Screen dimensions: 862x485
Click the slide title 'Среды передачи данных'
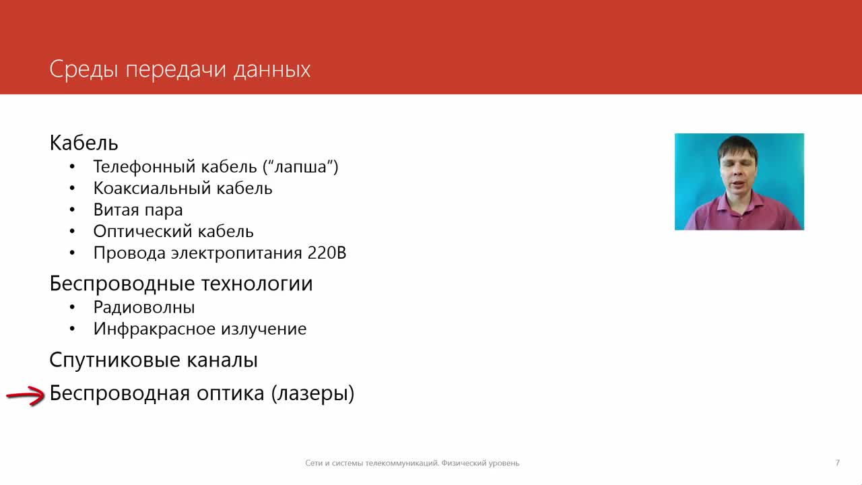click(180, 70)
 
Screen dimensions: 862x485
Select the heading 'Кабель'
click(84, 143)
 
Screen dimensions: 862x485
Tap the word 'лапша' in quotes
click(300, 167)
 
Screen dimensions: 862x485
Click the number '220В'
click(327, 253)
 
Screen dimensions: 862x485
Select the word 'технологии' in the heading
click(257, 284)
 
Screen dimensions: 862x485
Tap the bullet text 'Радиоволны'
click(144, 308)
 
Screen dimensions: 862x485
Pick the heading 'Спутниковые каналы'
click(153, 360)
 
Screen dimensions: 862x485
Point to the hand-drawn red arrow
click(26, 395)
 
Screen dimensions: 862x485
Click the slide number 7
click(837, 463)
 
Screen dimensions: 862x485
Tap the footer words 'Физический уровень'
click(480, 463)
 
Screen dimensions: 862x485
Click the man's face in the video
click(737, 173)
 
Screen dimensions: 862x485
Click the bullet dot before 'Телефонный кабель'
click(72, 167)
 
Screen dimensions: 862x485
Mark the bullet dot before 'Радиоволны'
click(72, 308)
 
